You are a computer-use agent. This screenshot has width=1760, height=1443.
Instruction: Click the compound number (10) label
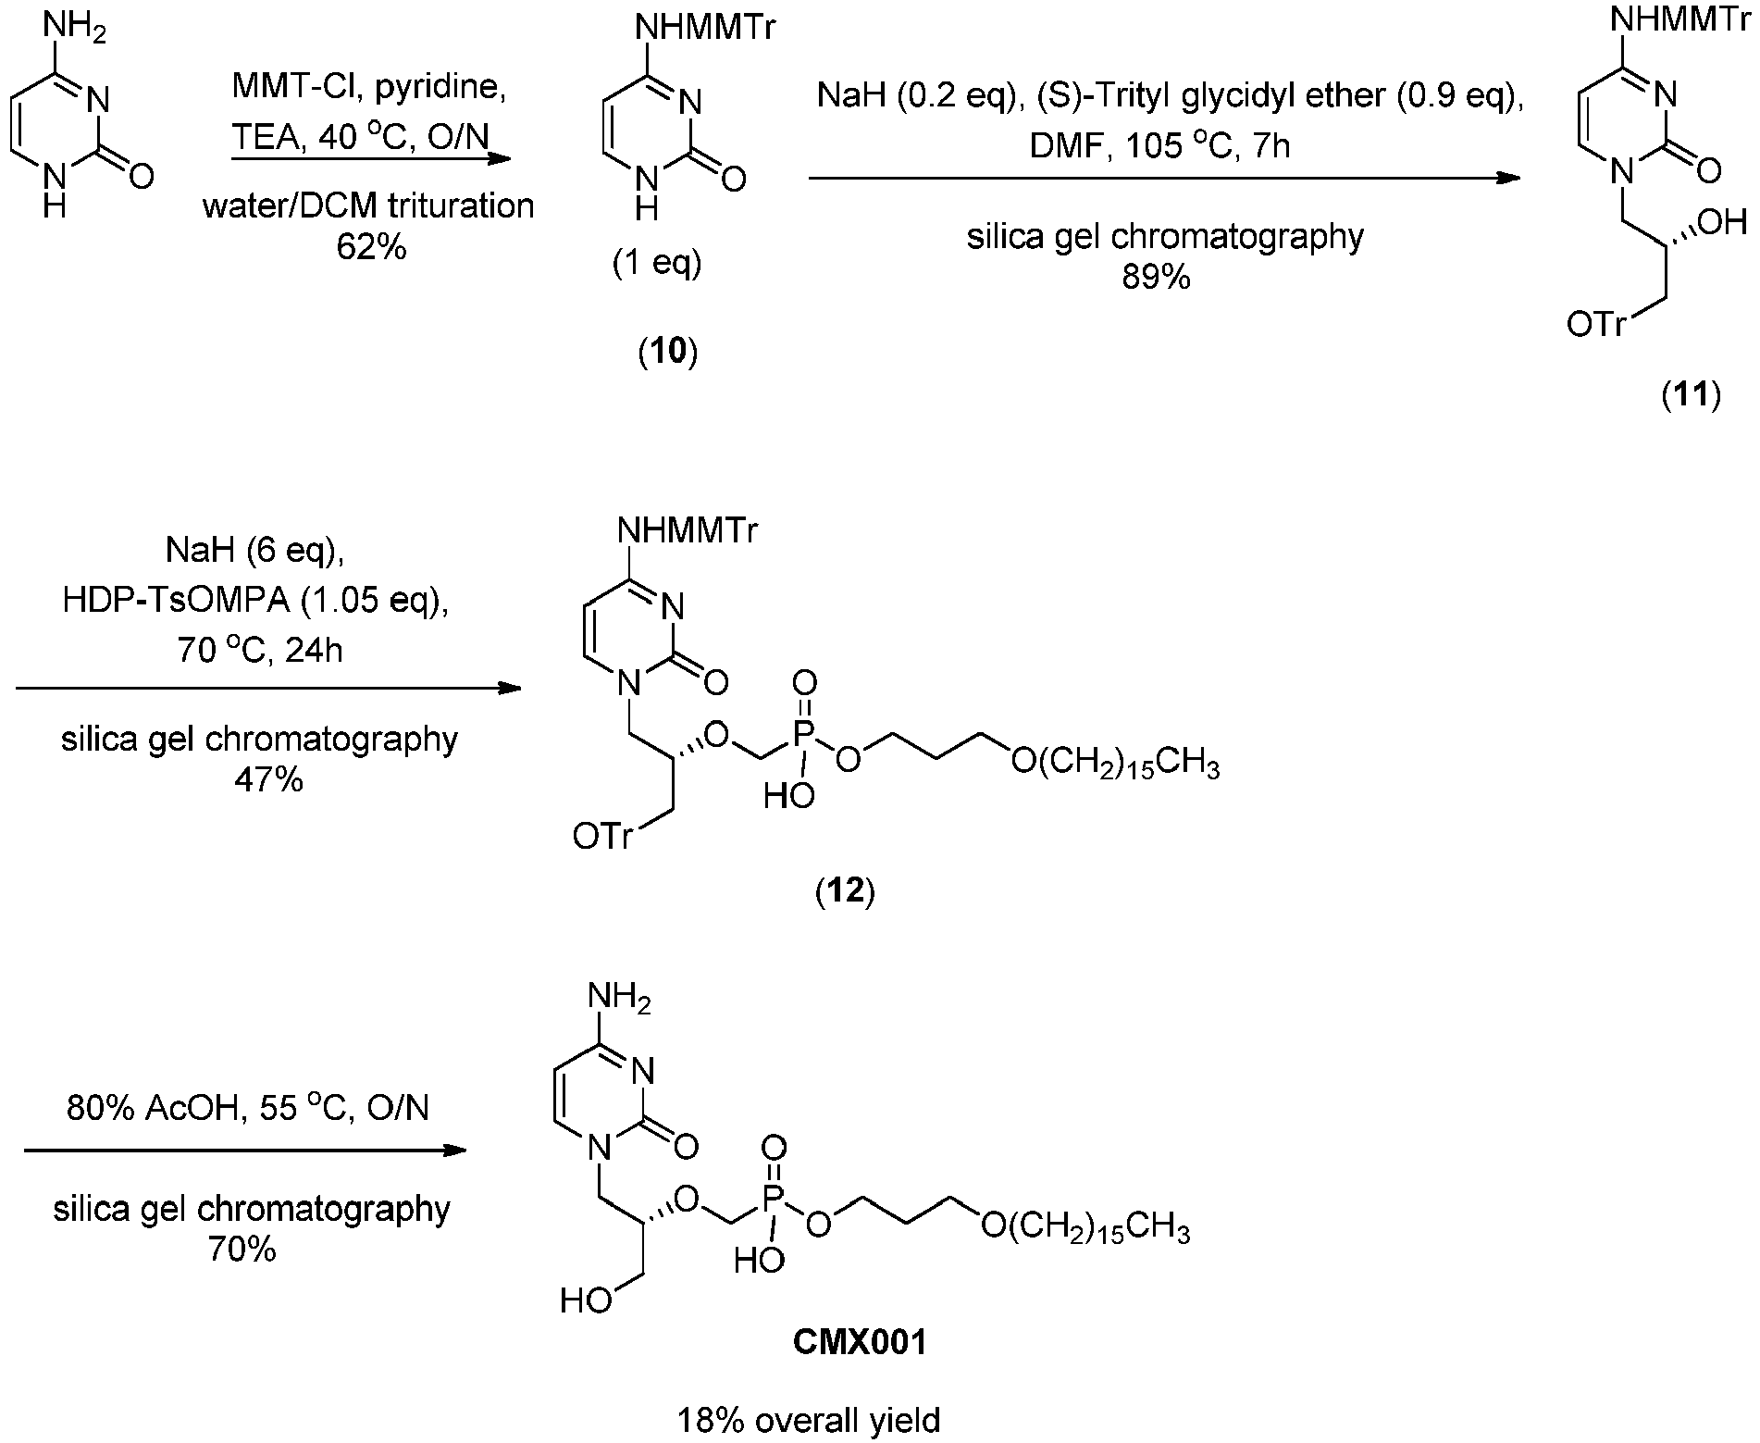668,353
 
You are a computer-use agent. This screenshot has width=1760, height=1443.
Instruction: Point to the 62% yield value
371,247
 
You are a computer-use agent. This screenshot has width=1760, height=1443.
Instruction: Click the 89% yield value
1156,277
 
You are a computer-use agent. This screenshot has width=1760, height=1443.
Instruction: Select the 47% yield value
269,779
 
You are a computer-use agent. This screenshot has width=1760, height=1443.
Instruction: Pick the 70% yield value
243,1250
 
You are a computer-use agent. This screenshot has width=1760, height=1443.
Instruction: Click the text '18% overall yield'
810,1419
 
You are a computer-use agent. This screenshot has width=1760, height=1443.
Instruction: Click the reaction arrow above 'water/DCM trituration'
371,159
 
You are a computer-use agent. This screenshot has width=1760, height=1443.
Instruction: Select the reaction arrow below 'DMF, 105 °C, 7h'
1165,180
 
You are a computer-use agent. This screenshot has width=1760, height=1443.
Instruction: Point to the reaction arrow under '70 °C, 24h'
269,689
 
